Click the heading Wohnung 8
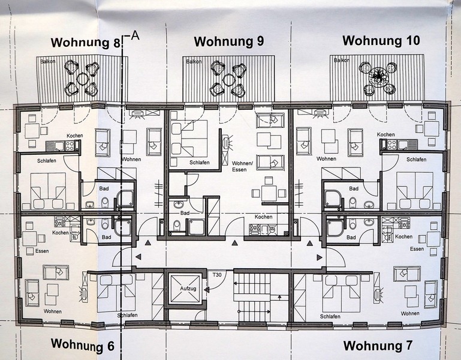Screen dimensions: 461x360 coord(86,43)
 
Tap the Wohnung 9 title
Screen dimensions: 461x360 coord(229,41)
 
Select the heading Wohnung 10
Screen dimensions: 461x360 coord(381,40)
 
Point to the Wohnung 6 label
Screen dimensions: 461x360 coord(82,344)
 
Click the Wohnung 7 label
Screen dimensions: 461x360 coord(378,345)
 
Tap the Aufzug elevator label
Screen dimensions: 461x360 coord(188,289)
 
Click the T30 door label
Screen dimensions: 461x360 coord(217,275)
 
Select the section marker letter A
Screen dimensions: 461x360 coord(135,35)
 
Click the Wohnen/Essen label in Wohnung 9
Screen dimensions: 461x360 coord(242,166)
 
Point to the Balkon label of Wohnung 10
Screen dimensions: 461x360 coord(342,60)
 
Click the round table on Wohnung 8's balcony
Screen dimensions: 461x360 coord(82,79)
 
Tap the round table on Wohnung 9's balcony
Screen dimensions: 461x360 coord(229,79)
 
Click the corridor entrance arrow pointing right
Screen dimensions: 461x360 coord(319,257)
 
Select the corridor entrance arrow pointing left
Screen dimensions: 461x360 coord(138,257)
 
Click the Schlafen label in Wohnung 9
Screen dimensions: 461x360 coord(200,163)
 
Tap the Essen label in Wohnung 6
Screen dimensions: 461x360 coord(42,251)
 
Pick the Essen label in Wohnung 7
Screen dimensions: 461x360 coord(417,249)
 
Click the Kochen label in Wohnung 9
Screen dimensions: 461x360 coord(263,217)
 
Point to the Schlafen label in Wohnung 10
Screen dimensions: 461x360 coord(416,159)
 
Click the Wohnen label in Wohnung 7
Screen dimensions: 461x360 coord(410,313)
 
